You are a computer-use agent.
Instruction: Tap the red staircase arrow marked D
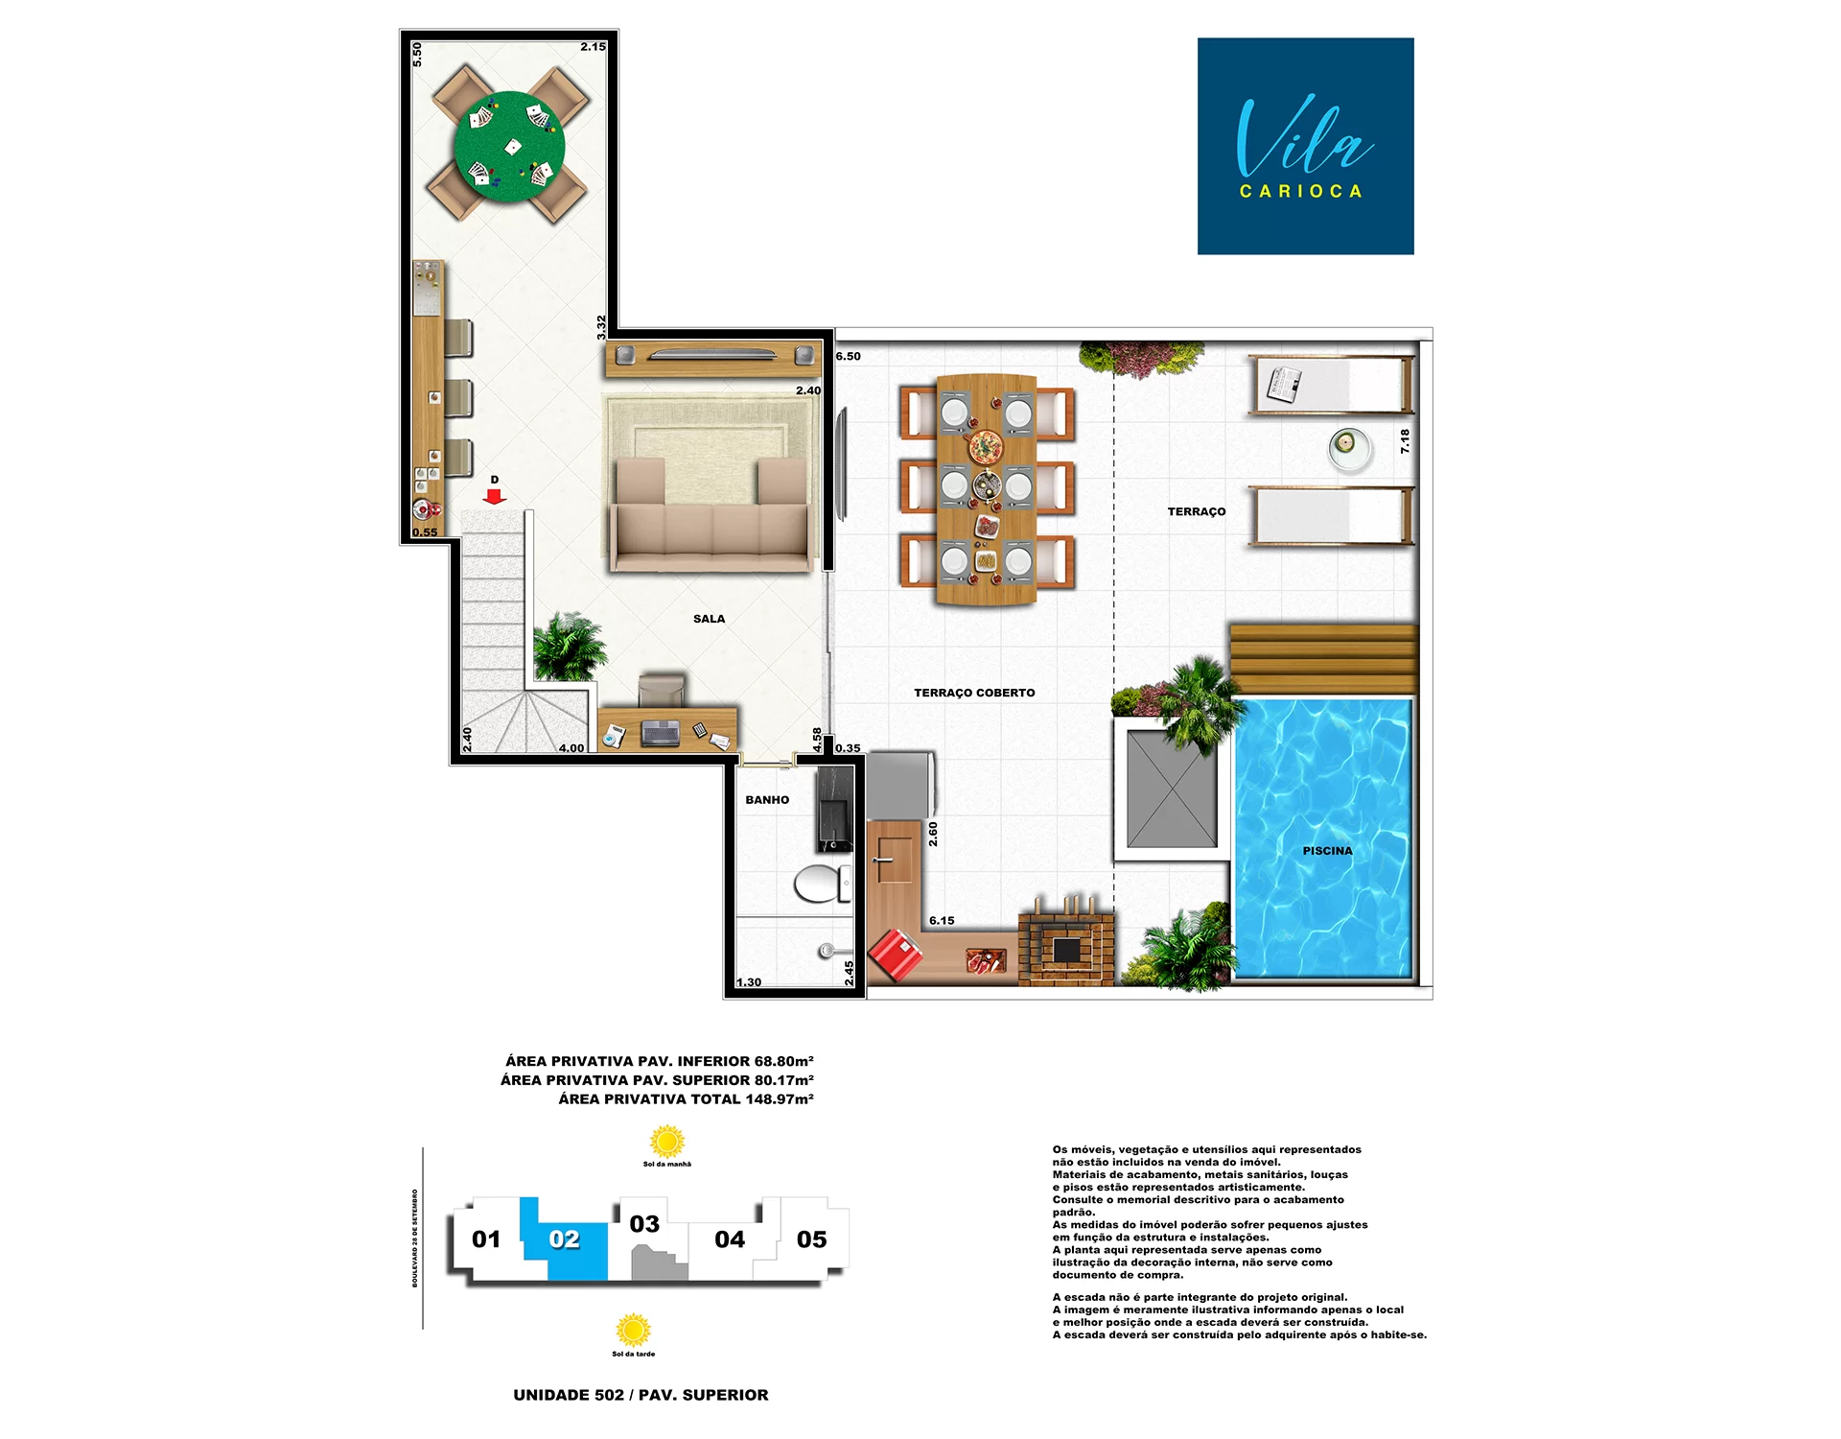click(495, 496)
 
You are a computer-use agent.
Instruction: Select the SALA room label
click(709, 619)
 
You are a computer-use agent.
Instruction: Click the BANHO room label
click(767, 800)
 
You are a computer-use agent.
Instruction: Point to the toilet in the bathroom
click(817, 884)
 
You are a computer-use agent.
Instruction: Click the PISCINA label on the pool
click(1327, 851)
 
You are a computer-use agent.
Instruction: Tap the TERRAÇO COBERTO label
click(974, 693)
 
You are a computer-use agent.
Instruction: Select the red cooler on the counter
click(896, 955)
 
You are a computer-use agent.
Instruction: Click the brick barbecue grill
click(1066, 946)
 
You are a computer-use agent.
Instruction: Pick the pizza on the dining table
click(985, 446)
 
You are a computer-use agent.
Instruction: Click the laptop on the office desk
click(661, 733)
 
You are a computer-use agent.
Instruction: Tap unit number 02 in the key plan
click(565, 1239)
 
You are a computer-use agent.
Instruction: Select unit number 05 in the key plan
click(811, 1239)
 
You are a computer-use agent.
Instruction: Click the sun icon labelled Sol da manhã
click(667, 1142)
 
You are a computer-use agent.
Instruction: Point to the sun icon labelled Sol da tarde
click(633, 1331)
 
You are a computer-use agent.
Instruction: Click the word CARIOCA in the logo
click(1301, 192)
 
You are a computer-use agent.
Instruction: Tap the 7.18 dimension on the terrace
click(1405, 441)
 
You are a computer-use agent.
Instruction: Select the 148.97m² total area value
click(780, 1099)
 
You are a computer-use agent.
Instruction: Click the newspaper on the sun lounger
click(1284, 385)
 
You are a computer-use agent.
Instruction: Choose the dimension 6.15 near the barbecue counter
click(942, 921)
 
